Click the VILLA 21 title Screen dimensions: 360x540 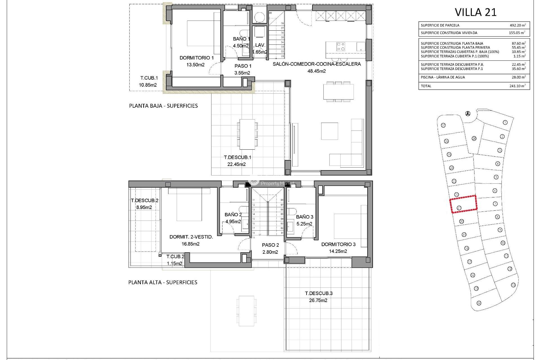click(x=476, y=12)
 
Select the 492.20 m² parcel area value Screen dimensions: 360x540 click(x=517, y=25)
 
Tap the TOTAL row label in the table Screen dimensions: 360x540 click(x=426, y=86)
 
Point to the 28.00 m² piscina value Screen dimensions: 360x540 click(x=518, y=77)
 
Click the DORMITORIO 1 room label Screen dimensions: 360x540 click(x=197, y=58)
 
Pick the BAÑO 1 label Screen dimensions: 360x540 click(x=241, y=39)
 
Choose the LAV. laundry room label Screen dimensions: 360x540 click(x=260, y=45)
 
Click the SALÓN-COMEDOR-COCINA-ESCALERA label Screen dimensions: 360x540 click(x=317, y=64)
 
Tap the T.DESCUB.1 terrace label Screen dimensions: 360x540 click(x=237, y=157)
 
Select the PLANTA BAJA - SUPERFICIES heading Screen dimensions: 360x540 click(x=163, y=106)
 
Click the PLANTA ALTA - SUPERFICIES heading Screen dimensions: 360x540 click(x=163, y=282)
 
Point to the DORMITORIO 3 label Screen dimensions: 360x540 click(x=338, y=244)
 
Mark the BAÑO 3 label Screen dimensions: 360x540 click(x=305, y=217)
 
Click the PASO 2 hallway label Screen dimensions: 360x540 click(x=270, y=245)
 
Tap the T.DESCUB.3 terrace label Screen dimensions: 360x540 click(x=319, y=293)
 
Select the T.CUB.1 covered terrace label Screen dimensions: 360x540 click(x=149, y=78)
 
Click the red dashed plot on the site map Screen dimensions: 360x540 click(x=463, y=204)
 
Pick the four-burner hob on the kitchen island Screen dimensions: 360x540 click(x=341, y=46)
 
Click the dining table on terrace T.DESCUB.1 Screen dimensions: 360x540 click(x=247, y=134)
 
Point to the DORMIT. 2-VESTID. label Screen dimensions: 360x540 click(x=191, y=237)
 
